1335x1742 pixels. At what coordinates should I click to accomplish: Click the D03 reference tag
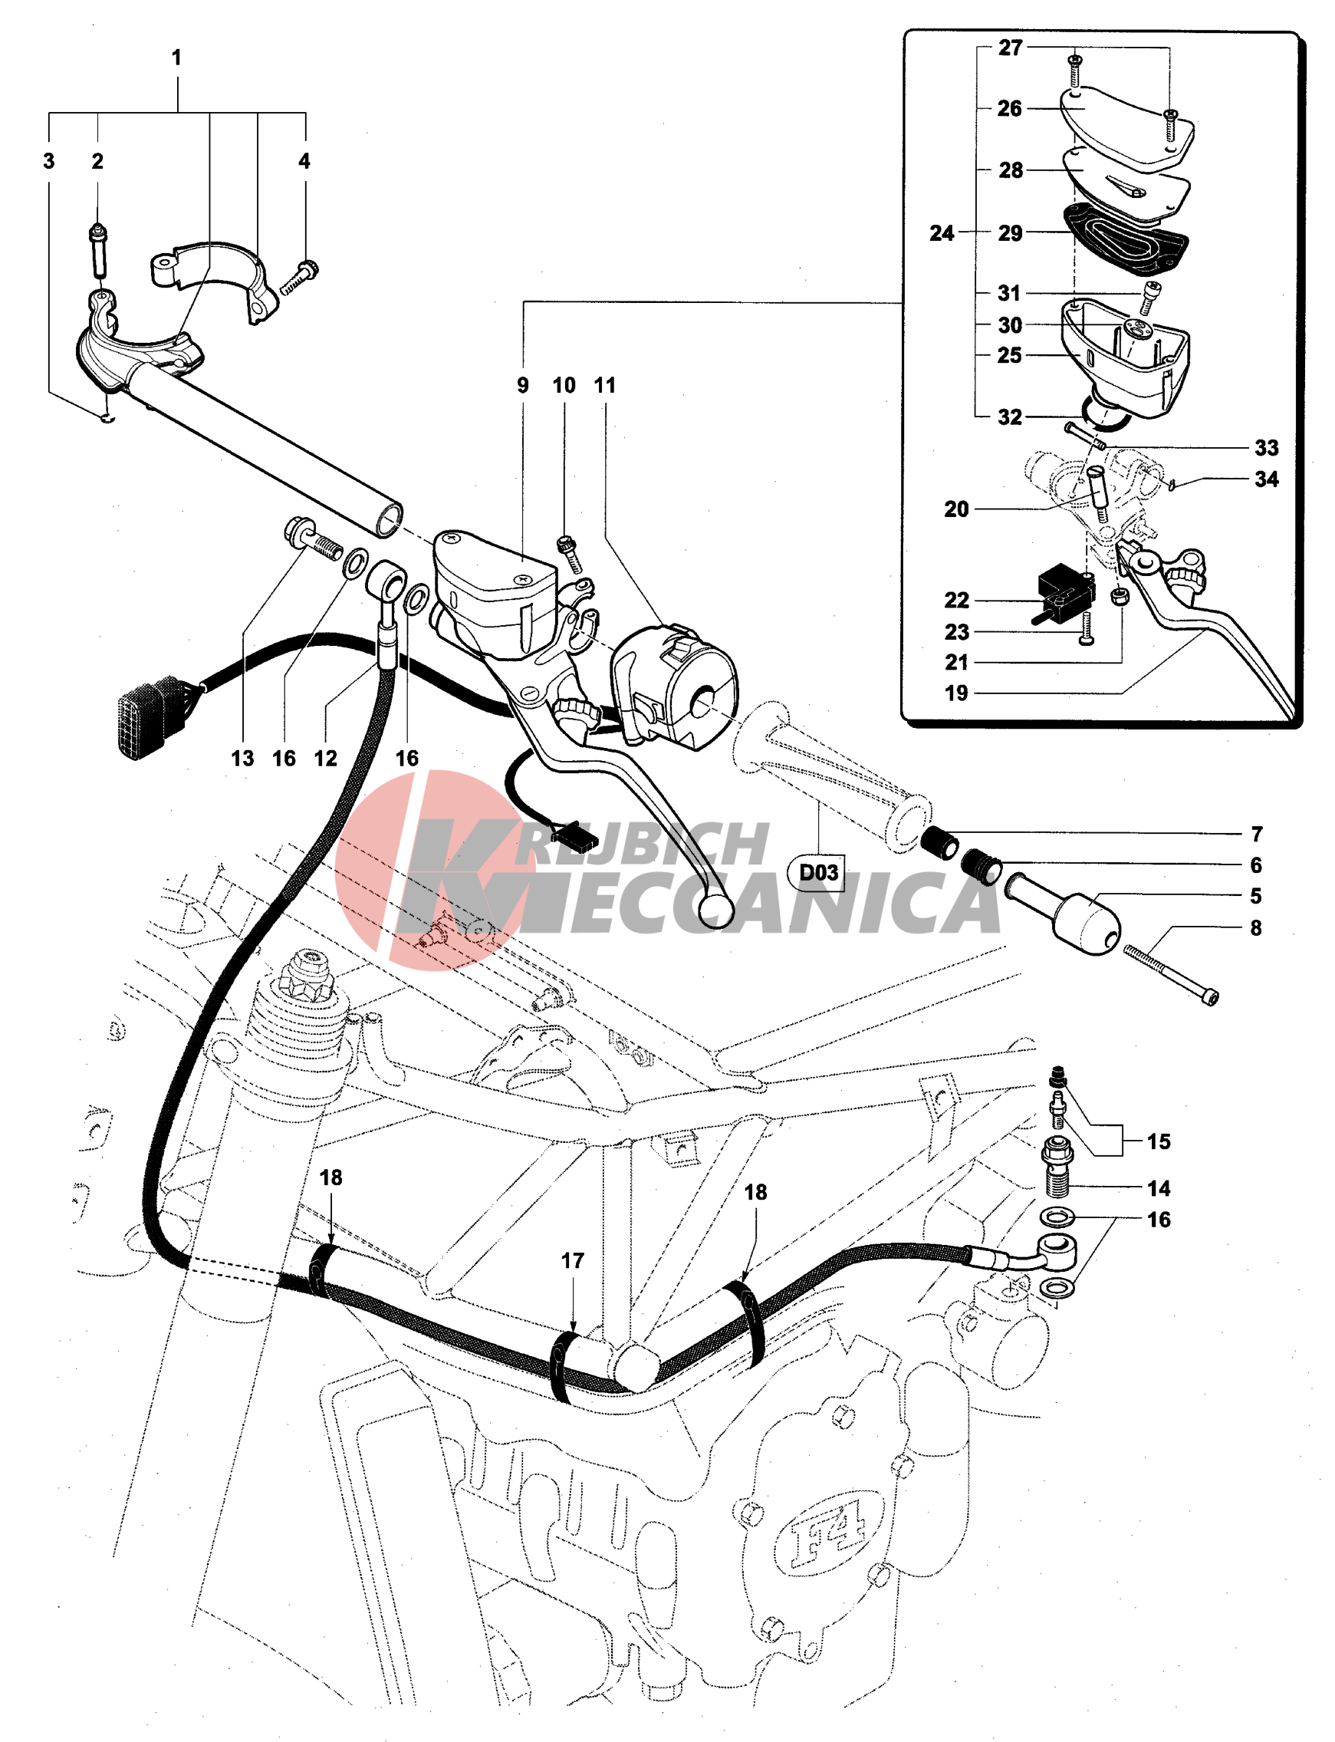point(817,873)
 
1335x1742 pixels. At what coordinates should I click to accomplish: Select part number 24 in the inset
point(942,233)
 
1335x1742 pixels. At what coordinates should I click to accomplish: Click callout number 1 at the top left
point(176,58)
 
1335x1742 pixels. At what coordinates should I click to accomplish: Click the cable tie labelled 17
point(565,1368)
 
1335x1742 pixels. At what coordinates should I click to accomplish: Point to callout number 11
point(605,385)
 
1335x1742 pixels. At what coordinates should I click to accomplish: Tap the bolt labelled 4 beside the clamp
point(299,278)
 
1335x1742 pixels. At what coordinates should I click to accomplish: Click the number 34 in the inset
point(1267,479)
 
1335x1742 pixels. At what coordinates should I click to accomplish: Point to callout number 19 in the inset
point(957,693)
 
